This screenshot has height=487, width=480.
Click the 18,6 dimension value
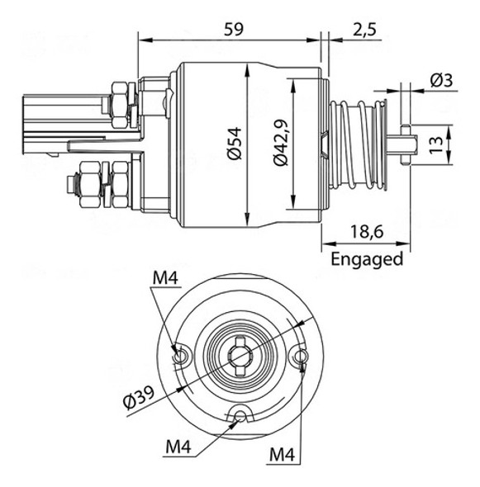366,234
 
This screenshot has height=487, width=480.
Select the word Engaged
367,259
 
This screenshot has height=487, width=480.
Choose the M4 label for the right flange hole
283,454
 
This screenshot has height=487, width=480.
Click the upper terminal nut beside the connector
116,98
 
